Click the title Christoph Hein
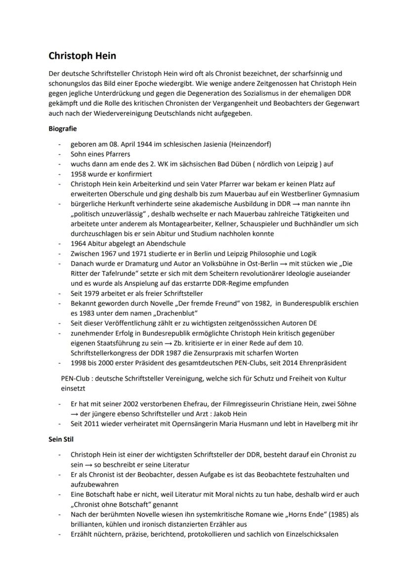click(x=82, y=56)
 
